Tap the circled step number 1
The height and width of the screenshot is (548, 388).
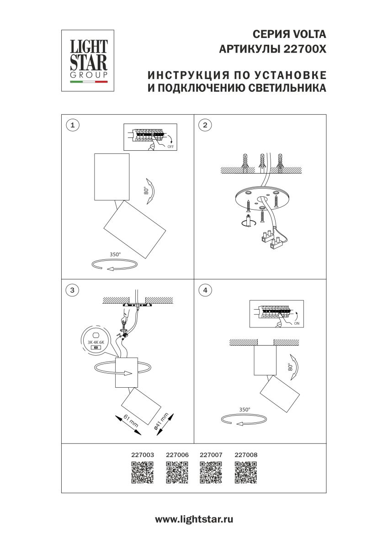[71, 125]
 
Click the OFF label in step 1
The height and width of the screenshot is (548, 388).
[170, 147]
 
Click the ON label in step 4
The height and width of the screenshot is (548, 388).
[297, 323]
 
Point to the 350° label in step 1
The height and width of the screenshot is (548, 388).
[115, 254]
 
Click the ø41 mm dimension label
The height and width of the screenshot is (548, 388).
[161, 422]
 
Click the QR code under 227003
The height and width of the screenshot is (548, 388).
[142, 472]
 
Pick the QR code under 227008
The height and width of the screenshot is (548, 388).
[246, 472]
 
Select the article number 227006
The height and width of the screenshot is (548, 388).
[177, 455]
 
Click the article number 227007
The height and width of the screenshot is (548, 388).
[211, 455]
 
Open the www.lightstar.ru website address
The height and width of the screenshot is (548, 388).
[194, 519]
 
